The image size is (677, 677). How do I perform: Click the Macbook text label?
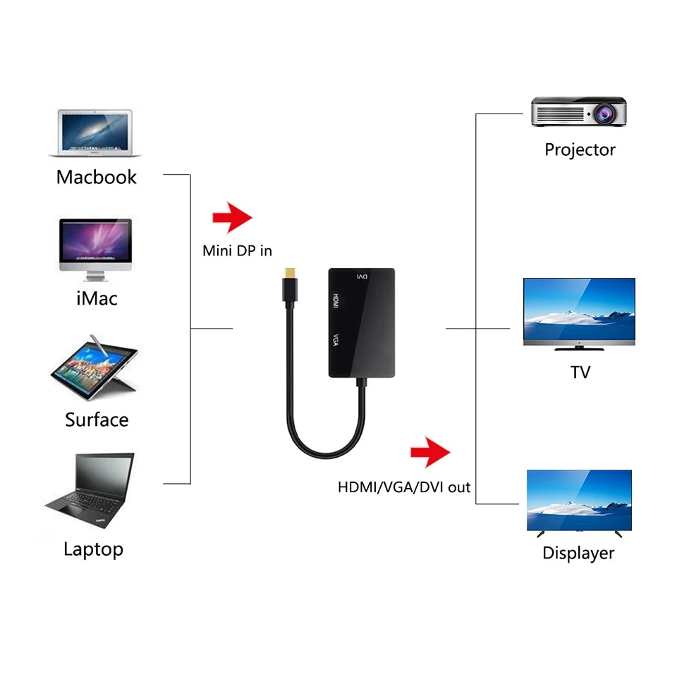97,176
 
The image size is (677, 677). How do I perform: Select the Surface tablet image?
94,370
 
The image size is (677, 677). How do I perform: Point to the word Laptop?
93,549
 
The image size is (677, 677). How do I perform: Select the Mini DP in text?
237,250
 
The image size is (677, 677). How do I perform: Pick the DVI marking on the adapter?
360,276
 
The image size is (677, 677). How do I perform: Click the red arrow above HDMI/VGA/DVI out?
430,452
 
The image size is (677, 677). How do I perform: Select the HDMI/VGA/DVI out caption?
404,487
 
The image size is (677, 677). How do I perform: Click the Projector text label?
580,150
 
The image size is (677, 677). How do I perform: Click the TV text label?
580,372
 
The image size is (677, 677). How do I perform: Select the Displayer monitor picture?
579,501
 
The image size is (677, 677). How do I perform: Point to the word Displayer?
578,553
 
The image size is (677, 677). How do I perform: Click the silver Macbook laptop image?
95,133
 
